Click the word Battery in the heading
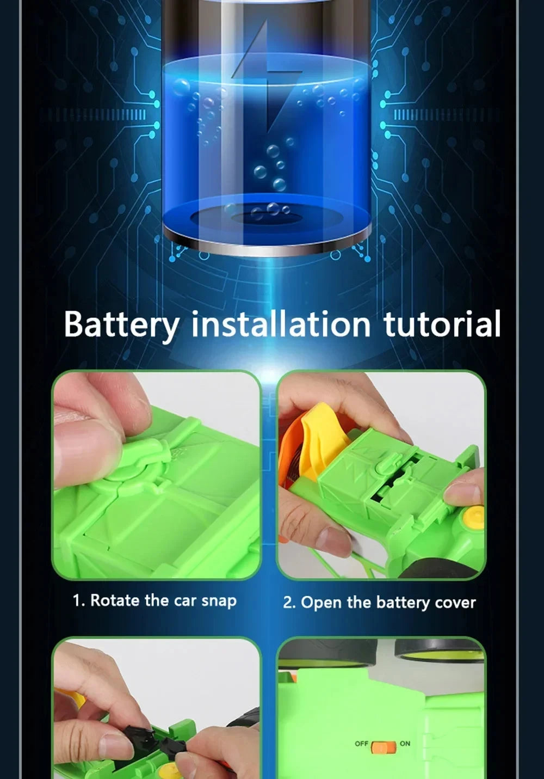pos(121,325)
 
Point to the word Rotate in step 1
pos(115,600)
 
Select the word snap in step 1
pos(219,601)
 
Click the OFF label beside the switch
pos(362,744)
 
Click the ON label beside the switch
pos(405,744)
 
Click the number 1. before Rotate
pos(79,600)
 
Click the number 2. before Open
pos(289,603)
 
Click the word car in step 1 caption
pos(185,601)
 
